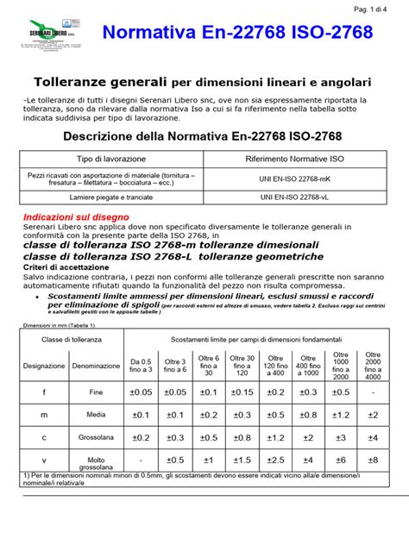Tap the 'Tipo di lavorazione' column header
pyautogui.click(x=110, y=160)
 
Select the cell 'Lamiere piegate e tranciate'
pyautogui.click(x=110, y=197)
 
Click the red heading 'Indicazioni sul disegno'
pyautogui.click(x=78, y=216)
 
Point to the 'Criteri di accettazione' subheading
pyautogui.click(x=66, y=269)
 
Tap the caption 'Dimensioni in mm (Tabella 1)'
pyautogui.click(x=60, y=326)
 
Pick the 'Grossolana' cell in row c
pyautogui.click(x=96, y=436)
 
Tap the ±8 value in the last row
pyautogui.click(x=372, y=459)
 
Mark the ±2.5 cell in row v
pyautogui.click(x=276, y=459)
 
